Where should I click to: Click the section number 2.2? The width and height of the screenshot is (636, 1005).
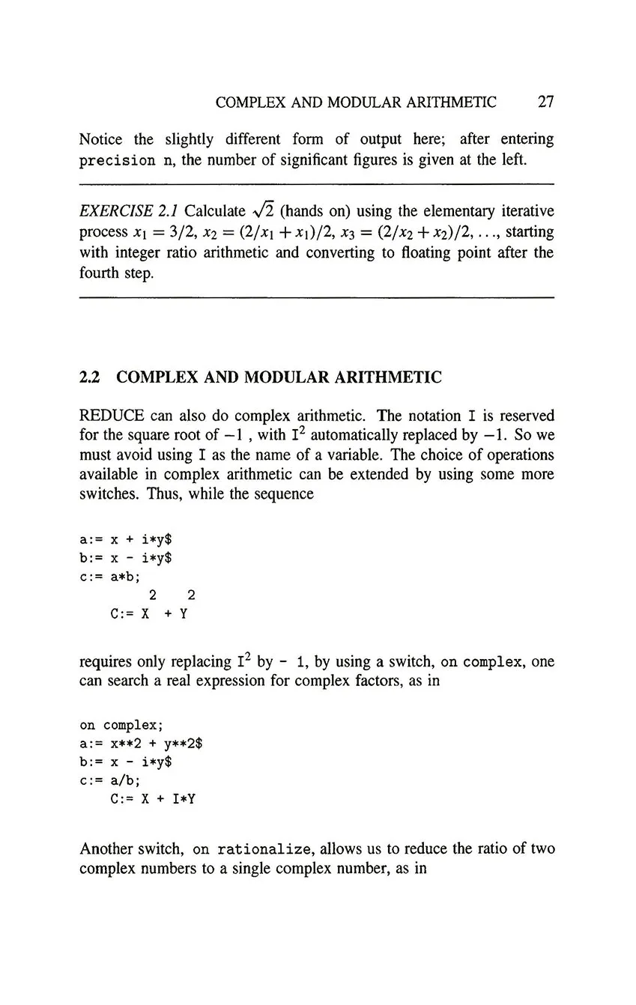tap(90, 377)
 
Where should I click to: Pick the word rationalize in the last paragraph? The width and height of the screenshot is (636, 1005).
tap(263, 850)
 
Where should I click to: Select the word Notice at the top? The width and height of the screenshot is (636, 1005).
tap(101, 139)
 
